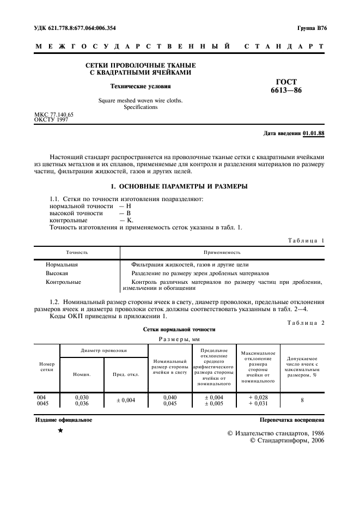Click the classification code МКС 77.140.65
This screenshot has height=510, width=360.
click(x=54, y=114)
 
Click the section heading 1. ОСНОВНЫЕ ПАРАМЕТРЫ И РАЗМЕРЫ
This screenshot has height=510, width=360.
click(x=179, y=186)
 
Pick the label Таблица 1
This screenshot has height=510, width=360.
click(x=305, y=240)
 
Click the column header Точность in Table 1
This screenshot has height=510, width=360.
click(x=77, y=253)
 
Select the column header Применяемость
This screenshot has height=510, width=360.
click(x=222, y=253)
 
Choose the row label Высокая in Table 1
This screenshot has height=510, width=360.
click(x=57, y=273)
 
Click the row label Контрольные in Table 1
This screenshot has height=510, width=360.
click(x=63, y=282)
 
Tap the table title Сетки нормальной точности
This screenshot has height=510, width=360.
click(x=179, y=329)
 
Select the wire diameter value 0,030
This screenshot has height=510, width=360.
click(x=81, y=398)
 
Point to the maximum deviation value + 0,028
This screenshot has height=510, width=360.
click(x=257, y=398)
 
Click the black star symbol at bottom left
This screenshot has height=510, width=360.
click(x=60, y=431)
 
